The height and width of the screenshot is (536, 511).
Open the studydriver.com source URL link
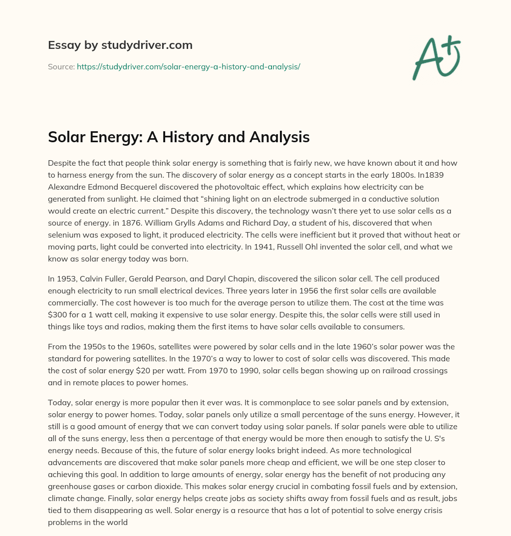tap(188, 66)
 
